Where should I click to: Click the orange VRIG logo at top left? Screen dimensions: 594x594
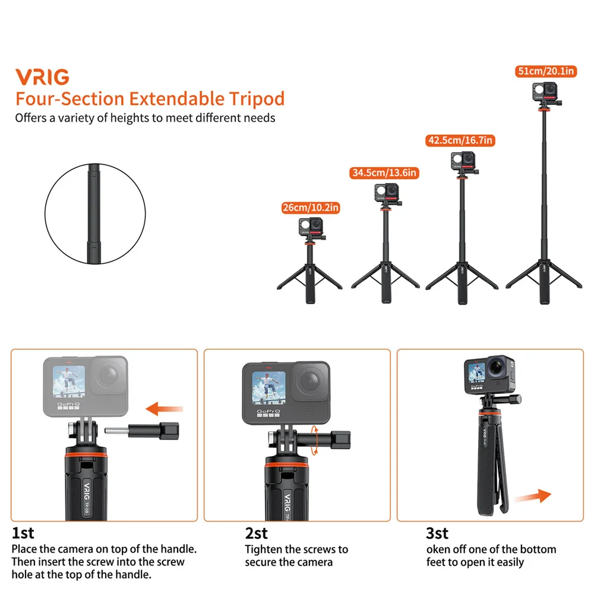(42, 77)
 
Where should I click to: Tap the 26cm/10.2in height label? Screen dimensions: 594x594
(310, 208)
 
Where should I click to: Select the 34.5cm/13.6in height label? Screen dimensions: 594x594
(384, 173)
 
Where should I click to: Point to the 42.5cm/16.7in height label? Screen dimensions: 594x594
(460, 141)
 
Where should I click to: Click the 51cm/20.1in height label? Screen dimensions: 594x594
(546, 71)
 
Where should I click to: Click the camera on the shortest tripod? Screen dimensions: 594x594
(309, 228)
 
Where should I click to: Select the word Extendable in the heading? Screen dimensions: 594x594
(177, 98)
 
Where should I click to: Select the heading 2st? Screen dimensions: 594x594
(256, 533)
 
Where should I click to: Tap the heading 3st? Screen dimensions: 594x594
(437, 533)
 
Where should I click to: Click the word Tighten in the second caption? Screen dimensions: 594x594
(266, 549)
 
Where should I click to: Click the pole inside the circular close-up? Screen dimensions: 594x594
(95, 207)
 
